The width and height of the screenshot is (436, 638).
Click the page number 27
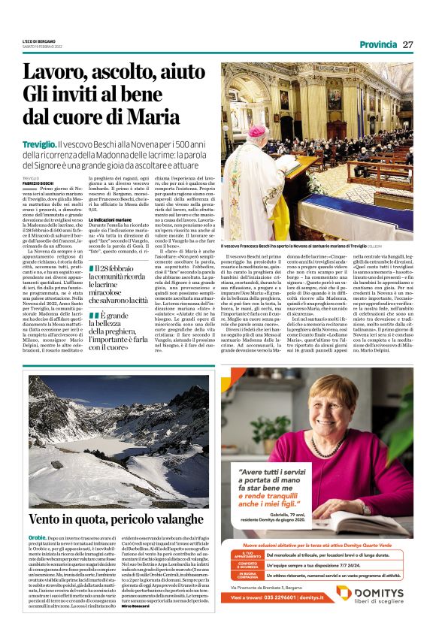(408, 44)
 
